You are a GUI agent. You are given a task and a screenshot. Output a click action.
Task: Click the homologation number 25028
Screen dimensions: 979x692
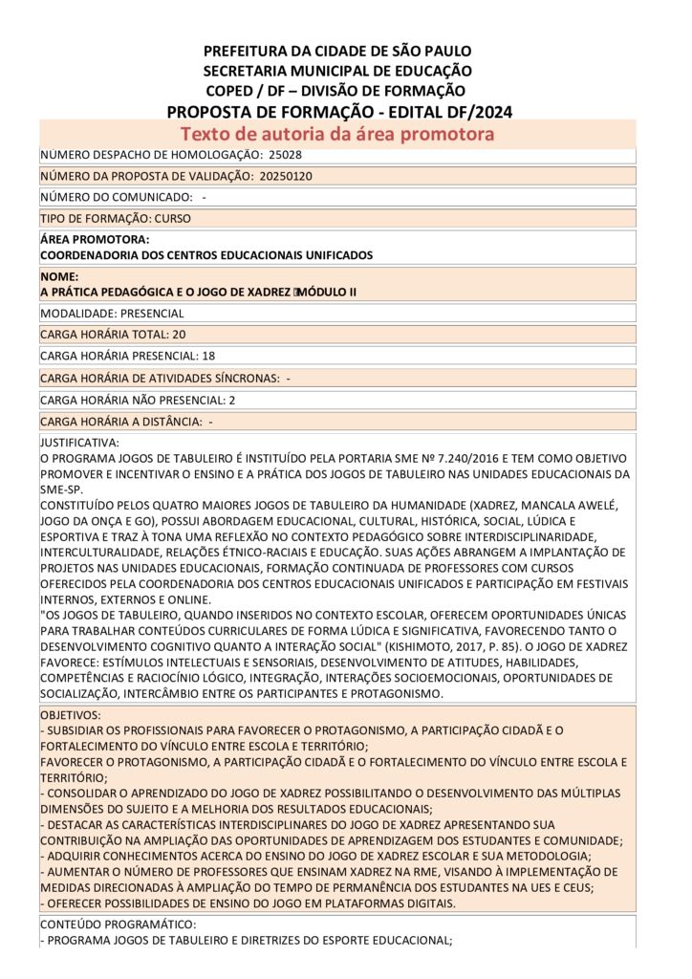(x=285, y=154)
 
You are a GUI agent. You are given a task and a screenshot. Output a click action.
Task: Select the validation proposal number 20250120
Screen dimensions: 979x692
(x=286, y=176)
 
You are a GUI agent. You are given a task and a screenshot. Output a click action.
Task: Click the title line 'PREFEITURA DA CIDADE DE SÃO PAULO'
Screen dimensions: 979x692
(x=337, y=51)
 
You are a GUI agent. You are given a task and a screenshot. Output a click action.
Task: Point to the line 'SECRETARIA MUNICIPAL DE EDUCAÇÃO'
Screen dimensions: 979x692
(x=337, y=71)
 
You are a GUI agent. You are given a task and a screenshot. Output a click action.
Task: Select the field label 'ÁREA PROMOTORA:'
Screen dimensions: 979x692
(x=95, y=240)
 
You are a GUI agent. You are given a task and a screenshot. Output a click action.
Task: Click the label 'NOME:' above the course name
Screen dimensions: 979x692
(x=59, y=276)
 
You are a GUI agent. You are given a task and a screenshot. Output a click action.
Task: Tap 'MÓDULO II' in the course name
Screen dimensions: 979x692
(x=328, y=292)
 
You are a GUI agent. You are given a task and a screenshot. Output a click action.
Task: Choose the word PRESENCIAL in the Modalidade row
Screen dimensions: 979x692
(x=152, y=313)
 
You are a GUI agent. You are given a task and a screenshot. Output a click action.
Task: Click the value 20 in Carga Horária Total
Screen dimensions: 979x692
(x=179, y=335)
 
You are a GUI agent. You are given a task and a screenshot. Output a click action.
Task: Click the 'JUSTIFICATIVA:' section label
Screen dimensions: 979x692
(x=79, y=443)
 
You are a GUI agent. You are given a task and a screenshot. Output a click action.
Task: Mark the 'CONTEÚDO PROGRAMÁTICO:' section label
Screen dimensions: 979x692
(x=118, y=925)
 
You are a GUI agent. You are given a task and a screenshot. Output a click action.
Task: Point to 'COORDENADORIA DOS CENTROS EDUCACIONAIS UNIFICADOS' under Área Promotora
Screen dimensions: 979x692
(x=205, y=255)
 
